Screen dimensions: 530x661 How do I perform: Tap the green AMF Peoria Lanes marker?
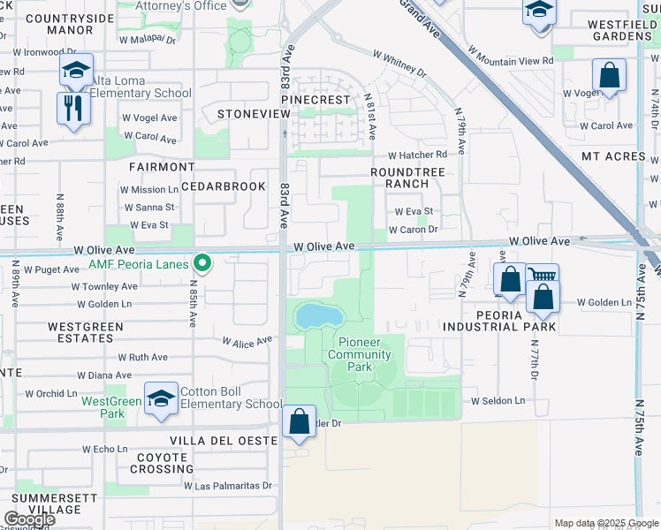pyautogui.click(x=202, y=262)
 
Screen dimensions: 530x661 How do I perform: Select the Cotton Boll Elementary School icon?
pyautogui.click(x=162, y=400)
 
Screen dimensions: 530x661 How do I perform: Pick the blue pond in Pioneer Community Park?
pyautogui.click(x=318, y=314)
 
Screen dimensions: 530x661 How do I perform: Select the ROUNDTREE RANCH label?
pyautogui.click(x=399, y=178)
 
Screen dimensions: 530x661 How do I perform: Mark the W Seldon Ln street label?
pyautogui.click(x=498, y=400)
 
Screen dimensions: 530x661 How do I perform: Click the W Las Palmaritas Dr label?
pyautogui.click(x=228, y=486)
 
